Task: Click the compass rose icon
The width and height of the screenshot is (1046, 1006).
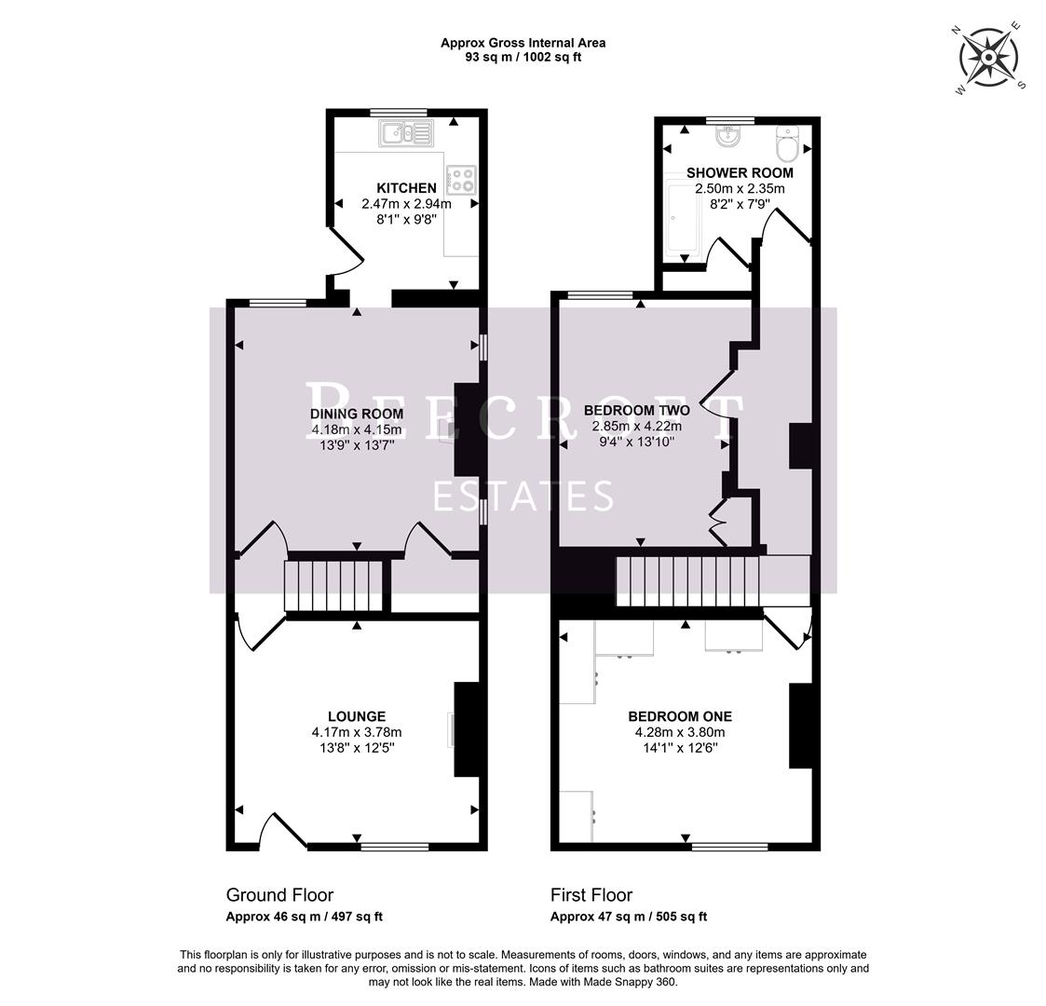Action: [987, 57]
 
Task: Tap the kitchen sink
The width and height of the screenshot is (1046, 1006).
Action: [406, 134]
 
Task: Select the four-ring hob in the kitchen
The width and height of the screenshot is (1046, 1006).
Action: [461, 179]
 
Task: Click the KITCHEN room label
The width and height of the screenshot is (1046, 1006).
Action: [406, 188]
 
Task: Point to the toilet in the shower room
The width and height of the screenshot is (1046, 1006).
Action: [788, 144]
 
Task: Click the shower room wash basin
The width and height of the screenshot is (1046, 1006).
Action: [728, 138]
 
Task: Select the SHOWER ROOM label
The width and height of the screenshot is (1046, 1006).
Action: [740, 172]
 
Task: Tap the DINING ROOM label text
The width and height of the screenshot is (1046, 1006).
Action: [357, 414]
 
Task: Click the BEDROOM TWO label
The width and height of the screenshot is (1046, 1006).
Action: [636, 410]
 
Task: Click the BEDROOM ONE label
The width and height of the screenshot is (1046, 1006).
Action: [679, 716]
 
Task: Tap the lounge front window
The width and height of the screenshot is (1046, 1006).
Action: [395, 847]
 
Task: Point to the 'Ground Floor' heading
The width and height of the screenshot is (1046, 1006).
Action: [279, 895]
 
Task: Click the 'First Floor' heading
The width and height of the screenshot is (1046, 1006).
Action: [591, 895]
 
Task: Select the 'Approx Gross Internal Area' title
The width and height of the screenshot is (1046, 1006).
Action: [523, 43]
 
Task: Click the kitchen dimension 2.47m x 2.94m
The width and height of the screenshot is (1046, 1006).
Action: [406, 204]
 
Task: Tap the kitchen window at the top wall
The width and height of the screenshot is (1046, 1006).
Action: [398, 113]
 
